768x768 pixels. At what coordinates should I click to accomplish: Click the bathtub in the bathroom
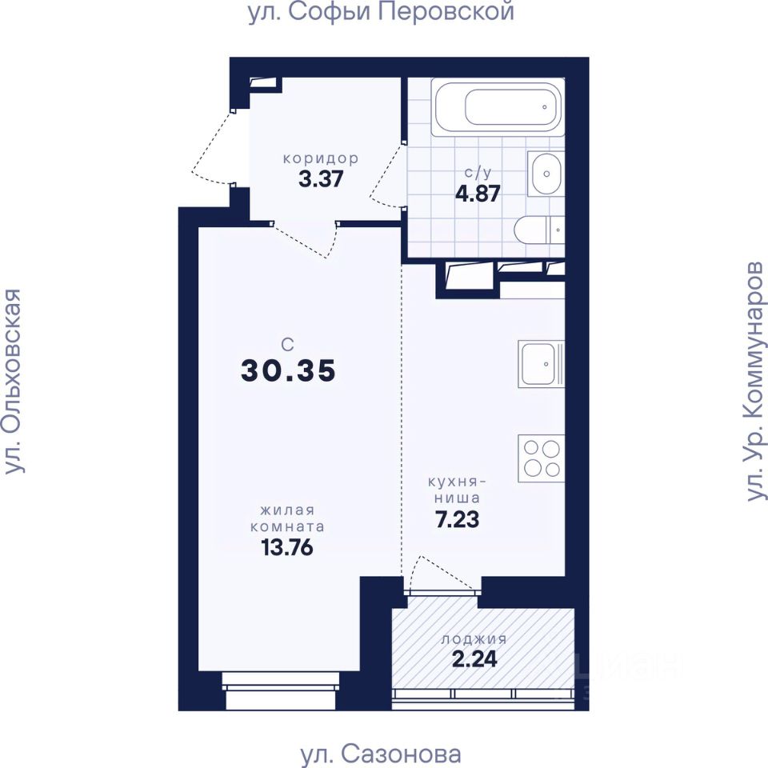[498, 106]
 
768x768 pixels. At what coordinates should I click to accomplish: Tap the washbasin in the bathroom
[546, 174]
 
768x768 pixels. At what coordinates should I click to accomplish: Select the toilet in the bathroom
[539, 230]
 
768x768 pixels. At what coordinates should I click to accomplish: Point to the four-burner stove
[542, 458]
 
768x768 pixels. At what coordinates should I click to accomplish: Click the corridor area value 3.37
[321, 178]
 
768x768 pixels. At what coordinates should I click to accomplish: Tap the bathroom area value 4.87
[478, 194]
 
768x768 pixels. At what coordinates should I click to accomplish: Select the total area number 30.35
[288, 370]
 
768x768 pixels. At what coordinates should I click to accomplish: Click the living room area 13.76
[287, 547]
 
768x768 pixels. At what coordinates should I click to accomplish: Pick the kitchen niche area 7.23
[457, 519]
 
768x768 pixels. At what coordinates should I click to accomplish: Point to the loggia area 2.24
[474, 658]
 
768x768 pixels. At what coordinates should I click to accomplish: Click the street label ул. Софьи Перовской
[382, 12]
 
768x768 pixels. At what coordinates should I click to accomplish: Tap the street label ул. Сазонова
[381, 754]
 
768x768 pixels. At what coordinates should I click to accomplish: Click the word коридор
[321, 158]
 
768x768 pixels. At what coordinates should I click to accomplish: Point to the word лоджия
[474, 639]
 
